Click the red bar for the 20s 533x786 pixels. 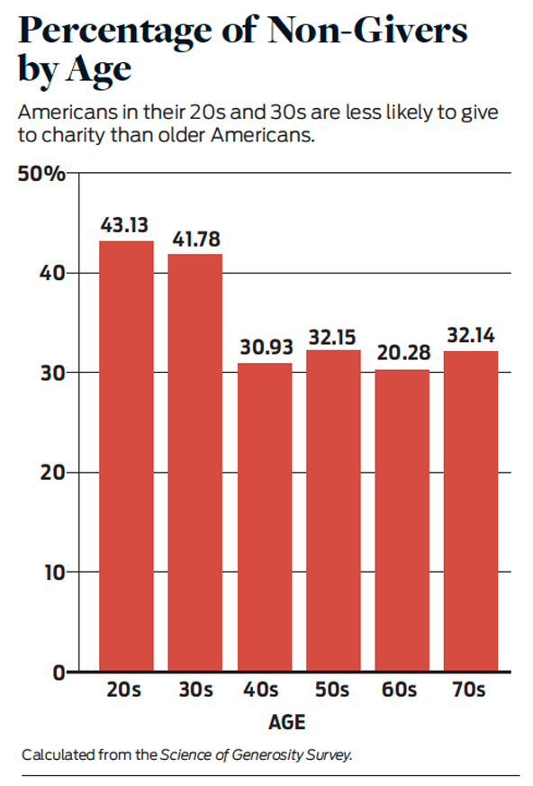click(x=126, y=456)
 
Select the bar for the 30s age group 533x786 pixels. click(x=195, y=462)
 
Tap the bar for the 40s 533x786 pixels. click(x=265, y=517)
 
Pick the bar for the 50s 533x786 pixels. click(x=333, y=510)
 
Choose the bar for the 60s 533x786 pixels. click(x=402, y=520)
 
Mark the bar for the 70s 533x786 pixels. click(x=471, y=510)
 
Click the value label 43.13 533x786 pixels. click(x=124, y=225)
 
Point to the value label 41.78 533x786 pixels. click(x=196, y=239)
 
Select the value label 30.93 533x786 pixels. click(x=266, y=347)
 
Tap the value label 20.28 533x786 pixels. click(x=403, y=353)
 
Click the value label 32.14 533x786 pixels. click(x=471, y=335)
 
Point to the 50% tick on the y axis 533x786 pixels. click(x=41, y=174)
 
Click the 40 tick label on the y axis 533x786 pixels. click(x=52, y=273)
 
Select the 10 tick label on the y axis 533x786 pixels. click(x=54, y=572)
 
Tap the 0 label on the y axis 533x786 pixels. click(x=59, y=673)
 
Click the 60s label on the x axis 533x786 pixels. click(x=399, y=690)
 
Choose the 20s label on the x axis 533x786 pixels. click(x=123, y=690)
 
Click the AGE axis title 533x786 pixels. click(x=287, y=722)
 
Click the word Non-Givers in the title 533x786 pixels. click(x=367, y=31)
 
